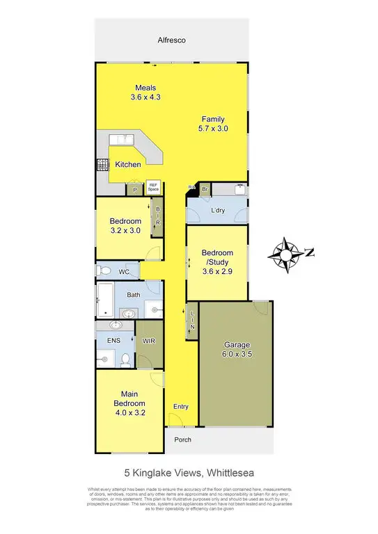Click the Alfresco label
172,41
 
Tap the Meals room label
145,88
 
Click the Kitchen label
128,165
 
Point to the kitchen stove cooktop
101,165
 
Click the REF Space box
152,187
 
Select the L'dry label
216,211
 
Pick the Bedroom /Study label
216,257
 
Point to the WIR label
148,341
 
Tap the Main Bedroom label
130,398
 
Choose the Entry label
180,407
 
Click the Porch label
182,439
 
